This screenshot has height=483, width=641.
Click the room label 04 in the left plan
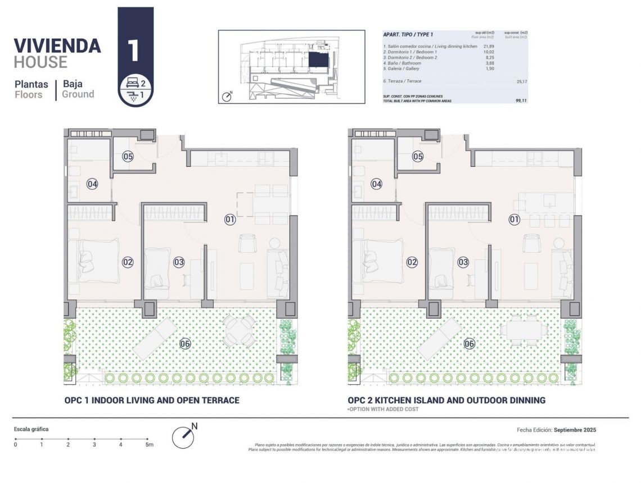click(x=92, y=184)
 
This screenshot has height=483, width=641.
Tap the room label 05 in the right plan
click(x=417, y=157)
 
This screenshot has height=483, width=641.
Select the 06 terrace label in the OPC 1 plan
click(x=185, y=344)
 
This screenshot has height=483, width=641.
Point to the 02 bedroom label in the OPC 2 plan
click(x=412, y=262)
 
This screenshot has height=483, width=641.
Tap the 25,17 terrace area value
click(x=521, y=81)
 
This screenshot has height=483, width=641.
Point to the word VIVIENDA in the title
click(x=57, y=45)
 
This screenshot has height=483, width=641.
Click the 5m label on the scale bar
click(x=148, y=445)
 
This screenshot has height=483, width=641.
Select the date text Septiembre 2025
click(x=574, y=430)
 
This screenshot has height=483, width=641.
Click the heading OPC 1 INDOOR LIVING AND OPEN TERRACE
click(x=152, y=400)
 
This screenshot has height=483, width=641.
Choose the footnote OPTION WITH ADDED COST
click(x=383, y=409)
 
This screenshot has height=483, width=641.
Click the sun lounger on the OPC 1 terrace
click(x=152, y=338)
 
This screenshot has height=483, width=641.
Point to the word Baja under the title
click(x=73, y=84)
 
